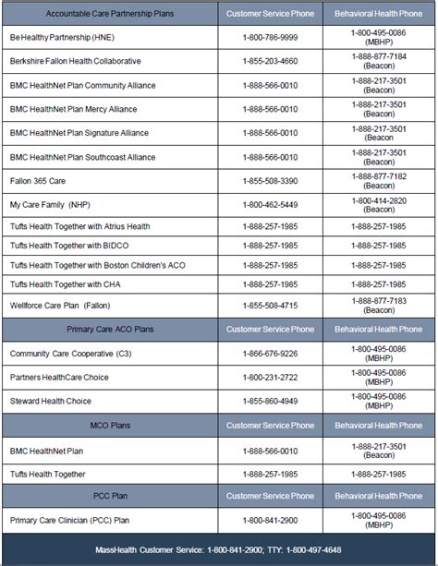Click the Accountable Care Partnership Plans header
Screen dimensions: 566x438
tap(111, 14)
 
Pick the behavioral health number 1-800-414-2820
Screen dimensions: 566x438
tap(378, 199)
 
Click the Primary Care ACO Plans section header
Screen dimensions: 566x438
tap(111, 329)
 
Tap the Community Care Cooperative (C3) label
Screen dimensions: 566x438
tap(62, 354)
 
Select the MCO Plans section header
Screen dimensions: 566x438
tap(111, 426)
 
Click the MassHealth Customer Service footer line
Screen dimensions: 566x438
tap(219, 550)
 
